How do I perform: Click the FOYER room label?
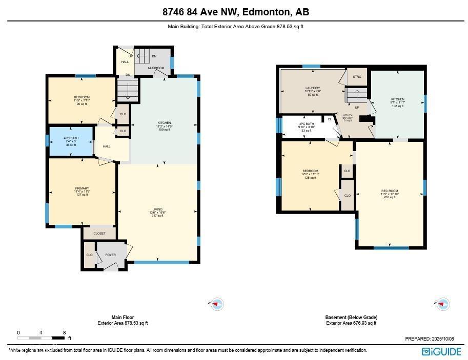110,255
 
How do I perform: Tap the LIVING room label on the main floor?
157,209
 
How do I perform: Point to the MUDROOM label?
156,68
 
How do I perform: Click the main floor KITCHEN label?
164,123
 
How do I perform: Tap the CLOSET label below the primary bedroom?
99,234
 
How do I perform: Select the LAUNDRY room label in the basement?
312,88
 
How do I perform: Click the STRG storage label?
357,77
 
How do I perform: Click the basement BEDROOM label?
310,171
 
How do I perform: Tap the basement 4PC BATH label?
306,124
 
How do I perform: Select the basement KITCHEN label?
398,99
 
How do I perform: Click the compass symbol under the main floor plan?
217,304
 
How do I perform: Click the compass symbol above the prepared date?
442,304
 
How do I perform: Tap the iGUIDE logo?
441,351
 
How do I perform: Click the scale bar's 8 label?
64,333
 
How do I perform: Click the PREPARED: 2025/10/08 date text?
429,338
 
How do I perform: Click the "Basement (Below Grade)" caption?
351,317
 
